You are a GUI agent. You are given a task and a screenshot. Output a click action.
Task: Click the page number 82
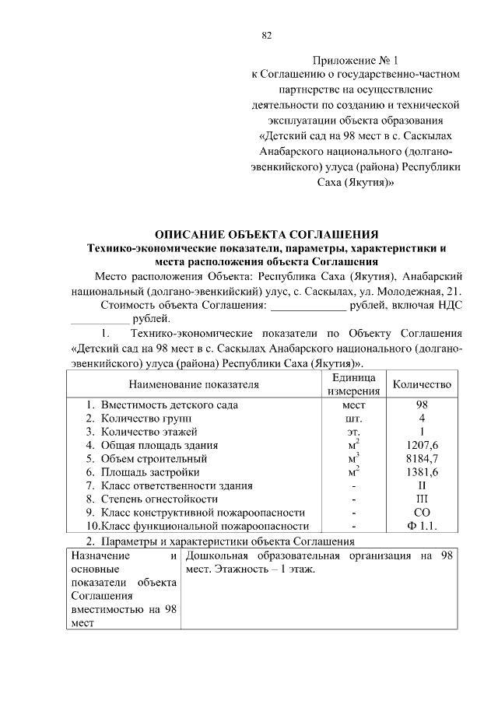pos(267,35)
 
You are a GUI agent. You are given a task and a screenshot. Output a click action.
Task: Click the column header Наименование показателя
pos(194,384)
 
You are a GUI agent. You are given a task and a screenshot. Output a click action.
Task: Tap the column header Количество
pos(422,384)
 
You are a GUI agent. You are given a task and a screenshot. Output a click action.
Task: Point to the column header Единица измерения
pos(353,384)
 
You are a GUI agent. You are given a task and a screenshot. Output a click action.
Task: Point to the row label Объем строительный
pos(151,458)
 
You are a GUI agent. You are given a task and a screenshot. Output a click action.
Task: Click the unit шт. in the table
pos(353,418)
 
